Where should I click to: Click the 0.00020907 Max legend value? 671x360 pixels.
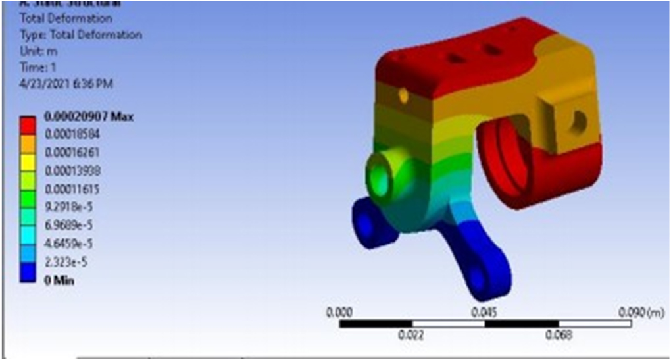88,117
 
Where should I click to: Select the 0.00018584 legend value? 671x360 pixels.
75,133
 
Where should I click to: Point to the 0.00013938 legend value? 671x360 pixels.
75,170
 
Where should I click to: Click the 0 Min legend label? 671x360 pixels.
59,281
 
